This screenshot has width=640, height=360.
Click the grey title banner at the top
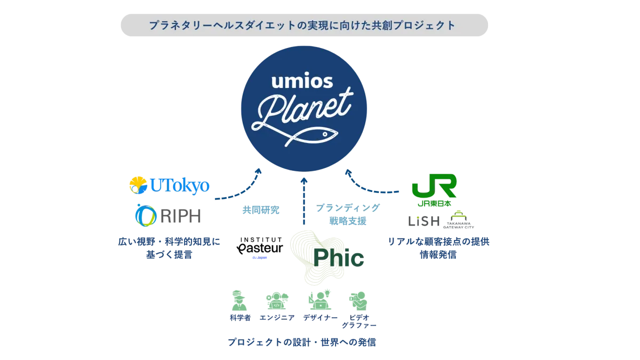[305, 25]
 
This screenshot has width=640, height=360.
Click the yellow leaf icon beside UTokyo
[138, 185]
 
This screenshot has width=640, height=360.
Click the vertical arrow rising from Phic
[305, 203]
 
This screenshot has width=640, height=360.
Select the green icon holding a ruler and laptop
[319, 300]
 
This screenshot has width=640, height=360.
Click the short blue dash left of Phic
[260, 258]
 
